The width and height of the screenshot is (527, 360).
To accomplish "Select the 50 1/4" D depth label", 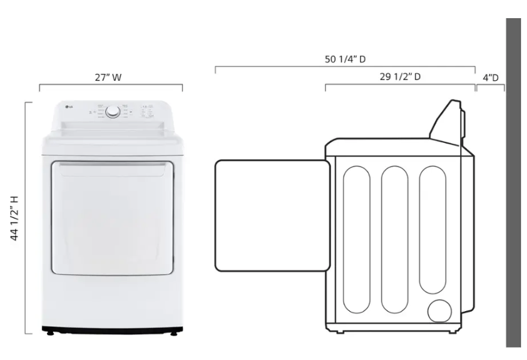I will (345, 59).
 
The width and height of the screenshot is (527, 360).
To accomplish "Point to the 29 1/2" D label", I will (400, 76).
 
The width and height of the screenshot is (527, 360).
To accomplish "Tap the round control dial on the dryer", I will (113, 112).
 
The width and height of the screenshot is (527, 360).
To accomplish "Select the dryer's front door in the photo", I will (112, 217).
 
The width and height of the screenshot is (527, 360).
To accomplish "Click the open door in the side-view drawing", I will (272, 215).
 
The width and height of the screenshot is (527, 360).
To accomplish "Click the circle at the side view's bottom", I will (441, 311).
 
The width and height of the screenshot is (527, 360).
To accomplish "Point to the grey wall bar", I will (513, 182).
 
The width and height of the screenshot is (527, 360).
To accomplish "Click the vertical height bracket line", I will (26, 217).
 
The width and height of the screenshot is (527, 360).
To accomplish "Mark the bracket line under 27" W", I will (111, 85).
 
